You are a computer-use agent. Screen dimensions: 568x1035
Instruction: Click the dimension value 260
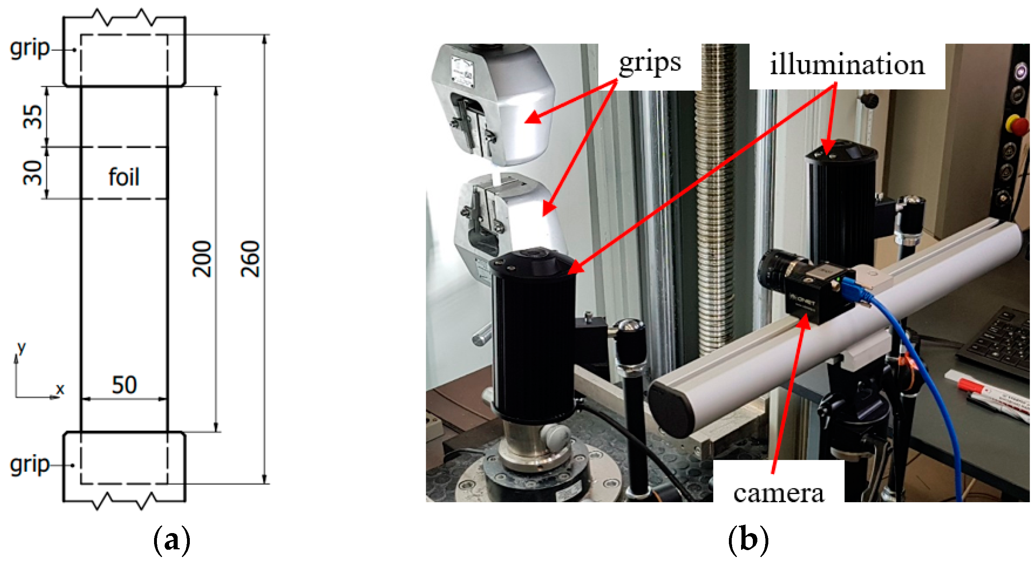click(250, 259)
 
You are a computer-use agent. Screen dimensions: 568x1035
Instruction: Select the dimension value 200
click(202, 259)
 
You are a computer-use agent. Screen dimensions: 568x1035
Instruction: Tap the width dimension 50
click(124, 385)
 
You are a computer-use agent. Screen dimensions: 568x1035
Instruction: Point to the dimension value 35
click(33, 117)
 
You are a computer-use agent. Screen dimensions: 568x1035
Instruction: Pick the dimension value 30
click(33, 173)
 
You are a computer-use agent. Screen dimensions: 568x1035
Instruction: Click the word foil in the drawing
click(124, 177)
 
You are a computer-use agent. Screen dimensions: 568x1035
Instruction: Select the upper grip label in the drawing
click(29, 49)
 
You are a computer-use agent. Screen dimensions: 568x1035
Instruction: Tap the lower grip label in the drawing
click(29, 464)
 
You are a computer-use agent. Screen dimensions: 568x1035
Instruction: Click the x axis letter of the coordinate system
click(60, 389)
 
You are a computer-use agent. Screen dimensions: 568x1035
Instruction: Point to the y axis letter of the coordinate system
click(21, 347)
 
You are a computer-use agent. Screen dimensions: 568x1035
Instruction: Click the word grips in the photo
click(650, 64)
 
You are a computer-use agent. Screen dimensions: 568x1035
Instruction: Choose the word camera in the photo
click(778, 494)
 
